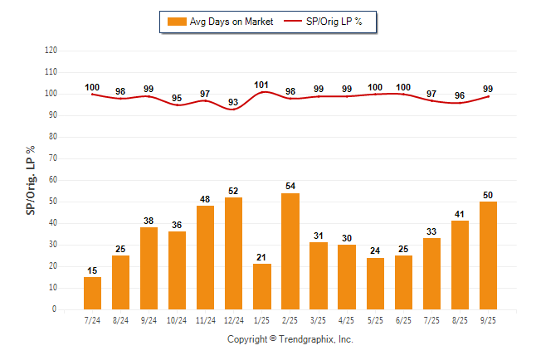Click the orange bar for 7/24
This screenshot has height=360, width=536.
pyautogui.click(x=92, y=293)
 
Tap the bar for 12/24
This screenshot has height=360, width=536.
pyautogui.click(x=233, y=253)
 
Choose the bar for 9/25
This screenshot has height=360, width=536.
pyautogui.click(x=487, y=255)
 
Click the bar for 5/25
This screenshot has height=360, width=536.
pyautogui.click(x=374, y=283)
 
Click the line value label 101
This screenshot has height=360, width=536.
pyautogui.click(x=261, y=84)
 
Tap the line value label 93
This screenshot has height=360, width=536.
pyautogui.click(x=233, y=102)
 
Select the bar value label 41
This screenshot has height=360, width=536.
pyautogui.click(x=459, y=213)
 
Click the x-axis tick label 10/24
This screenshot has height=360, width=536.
pyautogui.click(x=177, y=319)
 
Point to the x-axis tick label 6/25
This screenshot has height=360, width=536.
pyautogui.click(x=402, y=319)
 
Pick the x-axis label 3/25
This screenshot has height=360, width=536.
pyautogui.click(x=318, y=319)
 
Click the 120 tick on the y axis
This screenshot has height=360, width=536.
pyautogui.click(x=51, y=51)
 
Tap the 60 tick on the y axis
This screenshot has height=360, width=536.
pyautogui.click(x=52, y=179)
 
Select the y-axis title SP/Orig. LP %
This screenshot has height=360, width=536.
pyautogui.click(x=31, y=179)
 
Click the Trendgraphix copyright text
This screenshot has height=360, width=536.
pyautogui.click(x=290, y=339)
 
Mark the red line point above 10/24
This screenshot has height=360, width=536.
pyautogui.click(x=177, y=105)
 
